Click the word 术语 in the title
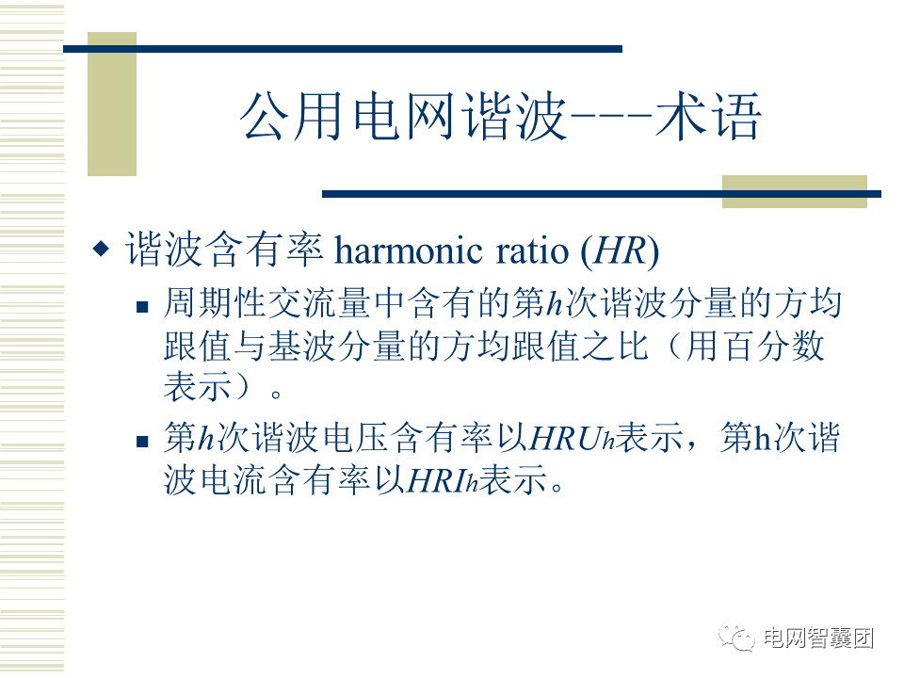(708, 117)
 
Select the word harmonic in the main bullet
(409, 250)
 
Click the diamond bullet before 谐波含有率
(101, 249)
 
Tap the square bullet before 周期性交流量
(142, 306)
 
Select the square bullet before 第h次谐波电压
(142, 442)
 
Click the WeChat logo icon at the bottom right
(736, 638)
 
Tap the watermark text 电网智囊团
(818, 638)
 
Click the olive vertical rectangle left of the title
(112, 104)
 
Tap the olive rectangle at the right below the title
(795, 191)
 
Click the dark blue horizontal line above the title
(343, 49)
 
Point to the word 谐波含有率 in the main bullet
(224, 250)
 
